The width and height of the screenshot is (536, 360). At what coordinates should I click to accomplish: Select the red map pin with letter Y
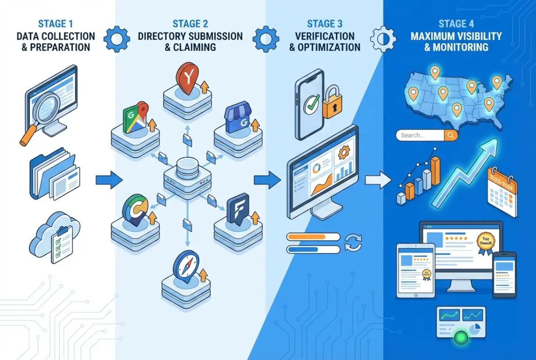[186, 79]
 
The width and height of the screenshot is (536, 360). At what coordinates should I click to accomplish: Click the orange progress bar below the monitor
[313, 236]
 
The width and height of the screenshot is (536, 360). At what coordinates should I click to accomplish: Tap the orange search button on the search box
[451, 135]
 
